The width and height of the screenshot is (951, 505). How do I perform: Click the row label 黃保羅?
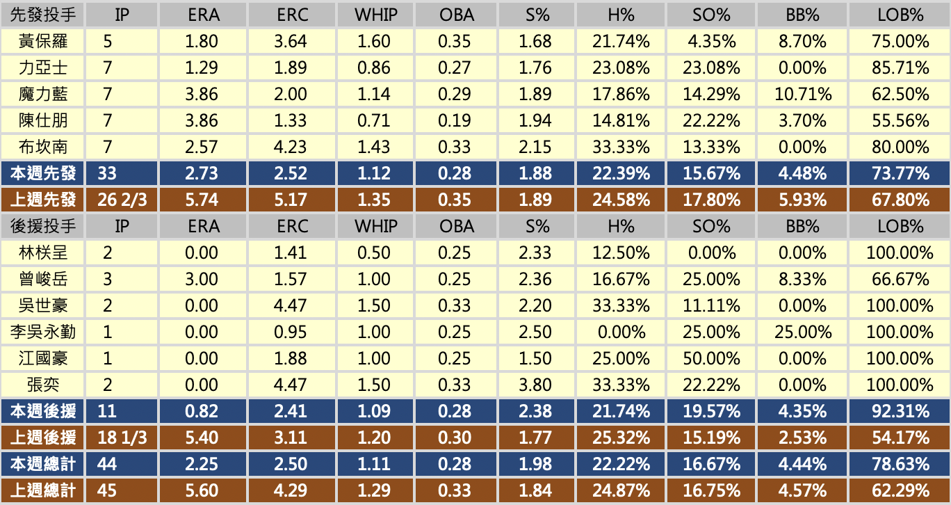(x=43, y=42)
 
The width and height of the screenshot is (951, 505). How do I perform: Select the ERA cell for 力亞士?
(x=202, y=68)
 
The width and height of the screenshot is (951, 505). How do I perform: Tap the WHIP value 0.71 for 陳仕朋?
(x=374, y=121)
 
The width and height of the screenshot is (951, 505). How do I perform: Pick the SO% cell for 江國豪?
(x=712, y=358)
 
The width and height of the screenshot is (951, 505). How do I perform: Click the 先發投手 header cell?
(x=43, y=15)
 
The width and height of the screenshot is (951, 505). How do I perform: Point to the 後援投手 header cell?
(x=43, y=226)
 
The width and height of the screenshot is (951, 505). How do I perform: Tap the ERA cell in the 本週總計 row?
(x=202, y=465)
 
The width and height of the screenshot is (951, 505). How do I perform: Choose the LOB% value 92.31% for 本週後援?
(x=900, y=411)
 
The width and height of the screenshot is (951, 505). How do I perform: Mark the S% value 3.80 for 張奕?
(x=535, y=385)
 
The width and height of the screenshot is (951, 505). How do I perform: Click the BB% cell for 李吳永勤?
(x=803, y=332)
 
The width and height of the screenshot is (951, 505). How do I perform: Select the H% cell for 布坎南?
(x=621, y=147)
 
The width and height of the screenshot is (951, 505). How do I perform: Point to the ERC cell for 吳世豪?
(x=291, y=305)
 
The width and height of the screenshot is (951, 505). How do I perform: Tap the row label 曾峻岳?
(x=43, y=279)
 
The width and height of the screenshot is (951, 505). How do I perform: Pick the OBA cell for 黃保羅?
(x=455, y=42)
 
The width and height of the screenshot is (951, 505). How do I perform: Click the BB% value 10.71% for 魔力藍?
(x=803, y=95)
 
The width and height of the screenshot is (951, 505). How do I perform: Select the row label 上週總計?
(x=43, y=491)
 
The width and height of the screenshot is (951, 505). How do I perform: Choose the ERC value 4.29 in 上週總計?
(x=291, y=491)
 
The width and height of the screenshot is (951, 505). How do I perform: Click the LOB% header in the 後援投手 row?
(x=900, y=226)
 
